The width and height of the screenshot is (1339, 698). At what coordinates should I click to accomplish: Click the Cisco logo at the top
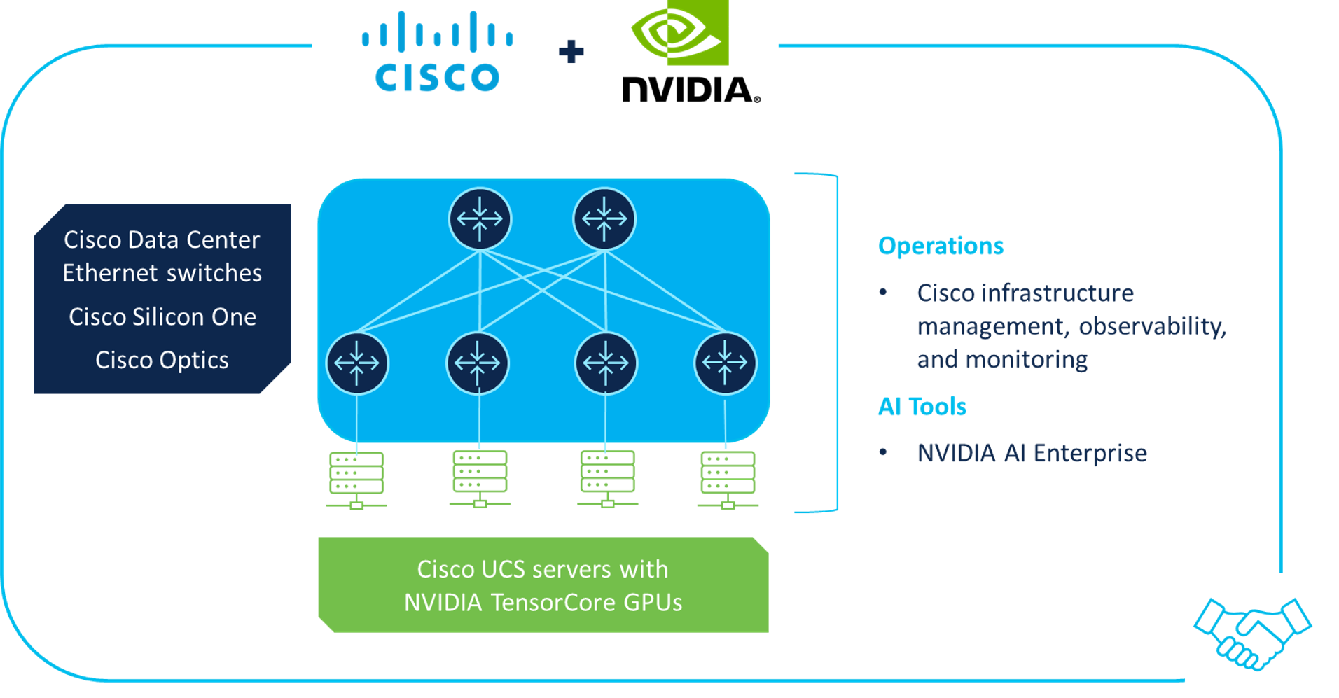coord(437,53)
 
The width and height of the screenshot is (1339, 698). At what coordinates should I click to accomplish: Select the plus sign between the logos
coord(571,52)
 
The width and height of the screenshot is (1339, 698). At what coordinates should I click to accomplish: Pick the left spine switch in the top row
coord(480,218)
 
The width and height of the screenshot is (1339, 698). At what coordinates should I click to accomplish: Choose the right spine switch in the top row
coord(604,218)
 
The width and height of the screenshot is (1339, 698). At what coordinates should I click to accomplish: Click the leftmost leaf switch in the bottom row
coord(357,363)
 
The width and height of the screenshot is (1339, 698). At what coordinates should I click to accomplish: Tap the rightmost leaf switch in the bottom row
coord(725,363)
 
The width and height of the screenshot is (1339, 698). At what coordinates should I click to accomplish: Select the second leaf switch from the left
coord(478,363)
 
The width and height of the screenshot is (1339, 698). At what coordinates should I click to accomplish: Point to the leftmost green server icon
coord(356,480)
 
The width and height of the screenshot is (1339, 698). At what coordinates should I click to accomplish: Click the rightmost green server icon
coord(728,480)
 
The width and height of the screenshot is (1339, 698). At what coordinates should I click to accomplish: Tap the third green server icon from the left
coord(607,479)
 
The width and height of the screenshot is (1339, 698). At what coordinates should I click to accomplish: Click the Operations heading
coord(941,246)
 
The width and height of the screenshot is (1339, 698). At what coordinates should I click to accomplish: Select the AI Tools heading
coord(922,407)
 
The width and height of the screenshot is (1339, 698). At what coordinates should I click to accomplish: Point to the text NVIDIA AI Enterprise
coord(1032,453)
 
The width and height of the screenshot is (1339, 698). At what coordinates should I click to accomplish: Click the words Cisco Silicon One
coord(162,317)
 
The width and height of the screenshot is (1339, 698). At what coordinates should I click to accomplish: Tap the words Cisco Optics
coord(162,360)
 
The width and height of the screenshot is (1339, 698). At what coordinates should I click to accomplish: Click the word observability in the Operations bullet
coord(1152,326)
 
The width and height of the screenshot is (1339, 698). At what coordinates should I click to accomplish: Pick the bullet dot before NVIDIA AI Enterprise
coord(883,453)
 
